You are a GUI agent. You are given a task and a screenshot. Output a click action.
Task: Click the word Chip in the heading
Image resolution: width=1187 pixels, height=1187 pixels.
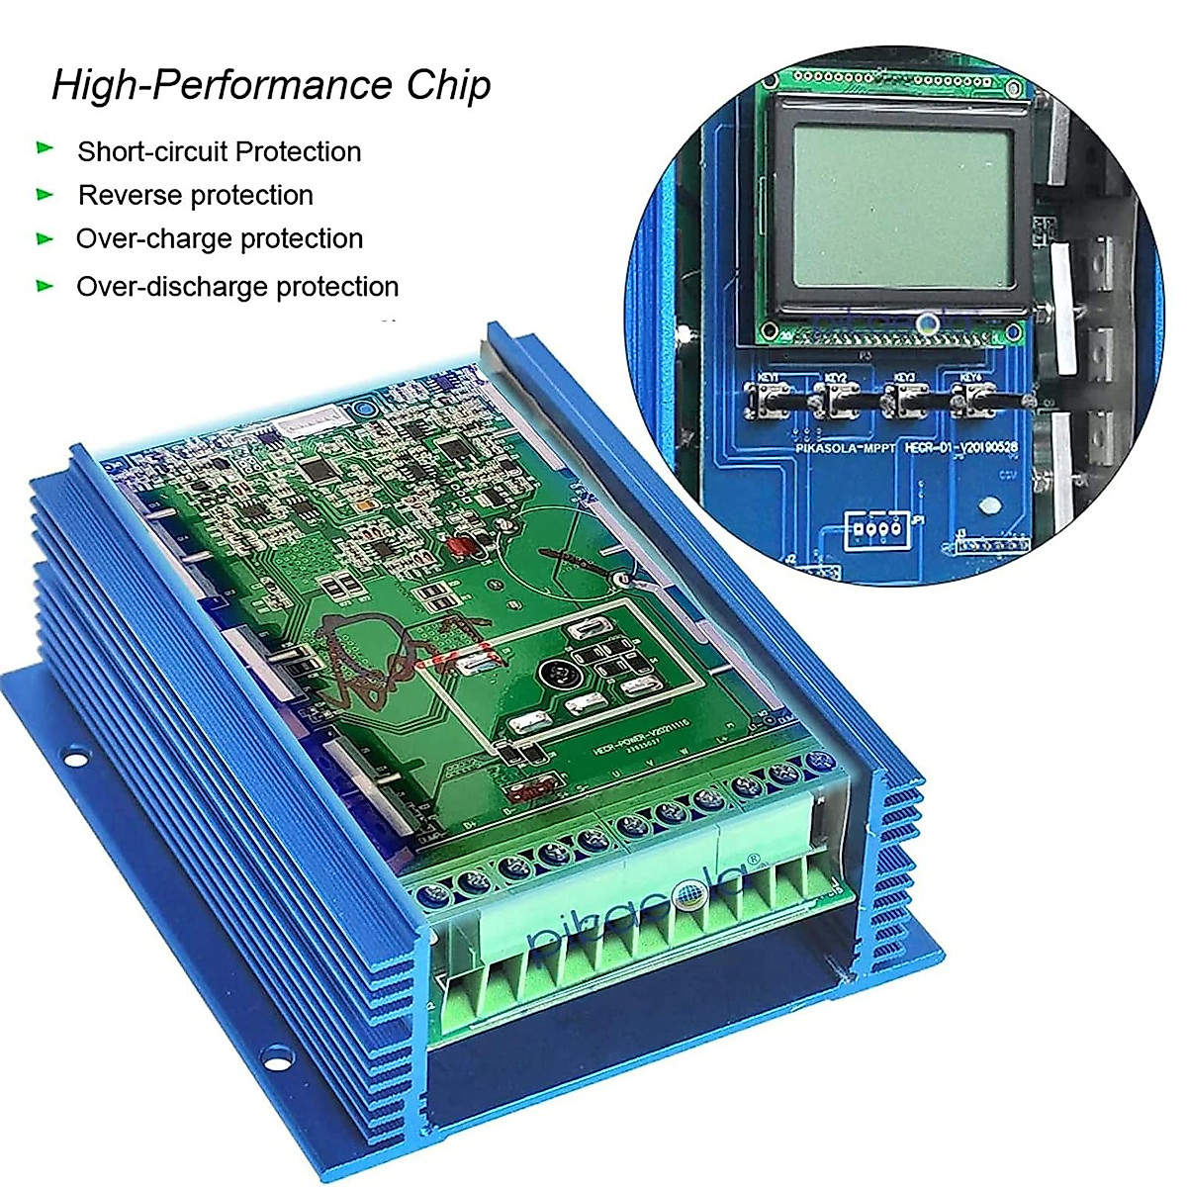[x=448, y=85]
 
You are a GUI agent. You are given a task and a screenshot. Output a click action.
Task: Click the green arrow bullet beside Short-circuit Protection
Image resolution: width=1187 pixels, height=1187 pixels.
[x=45, y=148]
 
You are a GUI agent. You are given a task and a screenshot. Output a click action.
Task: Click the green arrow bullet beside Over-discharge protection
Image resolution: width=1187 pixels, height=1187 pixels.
[x=45, y=286]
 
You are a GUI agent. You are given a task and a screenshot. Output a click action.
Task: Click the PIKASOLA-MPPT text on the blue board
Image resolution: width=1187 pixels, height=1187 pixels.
[x=846, y=448]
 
